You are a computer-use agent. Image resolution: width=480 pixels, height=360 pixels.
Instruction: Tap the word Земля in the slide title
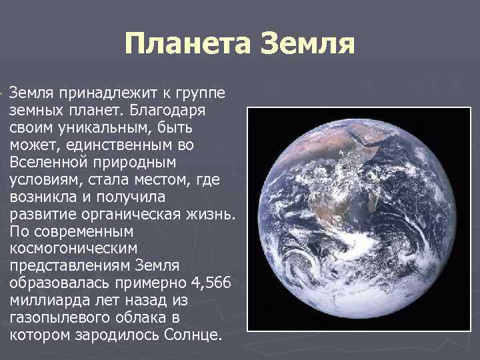click(306, 45)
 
